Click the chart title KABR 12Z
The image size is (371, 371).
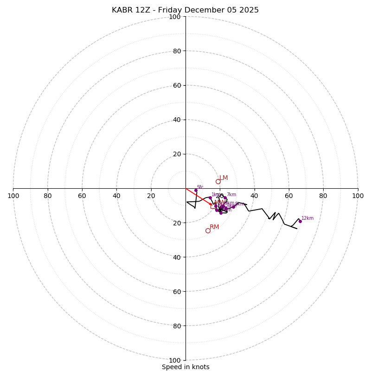click(x=185, y=10)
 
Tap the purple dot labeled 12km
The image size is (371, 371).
click(x=300, y=221)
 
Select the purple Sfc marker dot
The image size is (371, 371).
click(x=196, y=190)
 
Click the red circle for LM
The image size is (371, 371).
click(x=218, y=181)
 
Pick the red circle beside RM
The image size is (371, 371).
click(x=208, y=230)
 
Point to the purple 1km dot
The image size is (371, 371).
click(x=210, y=198)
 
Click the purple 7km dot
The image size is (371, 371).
click(x=225, y=198)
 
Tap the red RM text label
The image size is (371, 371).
click(x=214, y=227)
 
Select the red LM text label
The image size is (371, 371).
click(x=224, y=178)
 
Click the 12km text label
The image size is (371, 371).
click(x=307, y=218)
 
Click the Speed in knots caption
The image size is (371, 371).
click(x=185, y=367)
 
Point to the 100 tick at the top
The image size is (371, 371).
click(x=175, y=17)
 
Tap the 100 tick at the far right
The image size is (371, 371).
click(x=358, y=196)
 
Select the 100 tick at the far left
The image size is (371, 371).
click(x=13, y=196)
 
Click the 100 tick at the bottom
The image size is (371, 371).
click(x=175, y=360)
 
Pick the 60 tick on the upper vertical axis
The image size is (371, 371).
click(x=177, y=85)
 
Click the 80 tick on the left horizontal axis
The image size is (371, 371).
click(x=48, y=196)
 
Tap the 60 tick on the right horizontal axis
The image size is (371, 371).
click(x=288, y=196)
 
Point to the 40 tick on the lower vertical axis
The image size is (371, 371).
click(x=177, y=257)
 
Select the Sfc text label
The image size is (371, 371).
click(x=200, y=187)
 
